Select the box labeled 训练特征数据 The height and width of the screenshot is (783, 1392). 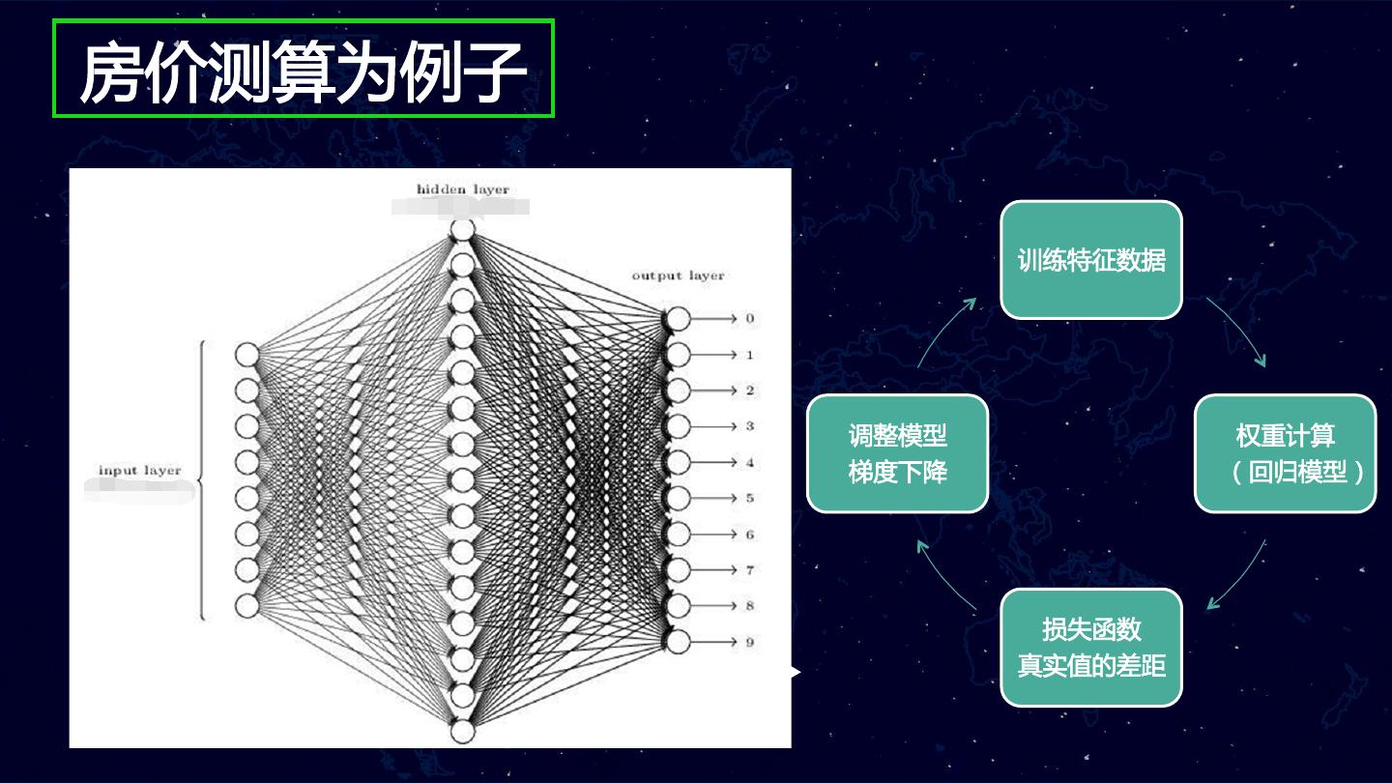point(1090,260)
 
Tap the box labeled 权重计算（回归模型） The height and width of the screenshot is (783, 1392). point(1285,453)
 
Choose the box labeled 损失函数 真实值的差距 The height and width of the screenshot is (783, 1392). point(1090,647)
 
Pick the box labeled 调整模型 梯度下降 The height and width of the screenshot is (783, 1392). point(897,453)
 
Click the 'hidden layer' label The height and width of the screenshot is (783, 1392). point(462,189)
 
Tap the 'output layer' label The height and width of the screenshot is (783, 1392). point(678,275)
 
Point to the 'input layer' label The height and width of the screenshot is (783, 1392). point(139,471)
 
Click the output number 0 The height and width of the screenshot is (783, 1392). point(749,319)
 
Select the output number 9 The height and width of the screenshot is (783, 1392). point(749,642)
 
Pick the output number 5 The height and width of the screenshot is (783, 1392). point(749,499)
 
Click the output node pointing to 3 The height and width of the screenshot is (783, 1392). point(678,426)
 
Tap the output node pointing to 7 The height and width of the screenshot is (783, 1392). point(678,569)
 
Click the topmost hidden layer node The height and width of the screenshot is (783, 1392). point(463,230)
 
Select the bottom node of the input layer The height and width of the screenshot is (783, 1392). point(247,605)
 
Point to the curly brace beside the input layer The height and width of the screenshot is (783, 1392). point(200,479)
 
